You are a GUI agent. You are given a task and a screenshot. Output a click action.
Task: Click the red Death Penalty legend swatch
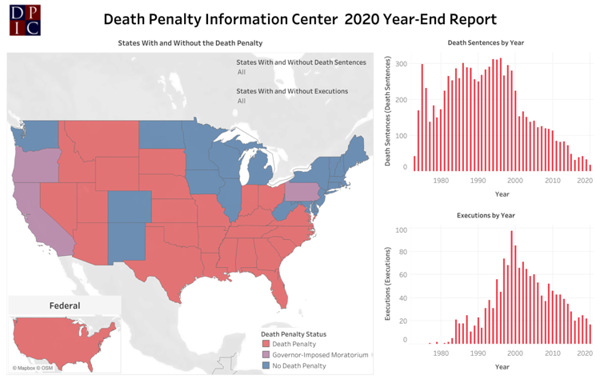[265, 344]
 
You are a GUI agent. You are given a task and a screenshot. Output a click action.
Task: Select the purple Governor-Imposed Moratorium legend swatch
[265, 354]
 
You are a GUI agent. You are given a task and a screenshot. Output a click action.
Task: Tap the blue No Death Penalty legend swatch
[265, 365]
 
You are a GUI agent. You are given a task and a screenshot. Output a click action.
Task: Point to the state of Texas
[164, 264]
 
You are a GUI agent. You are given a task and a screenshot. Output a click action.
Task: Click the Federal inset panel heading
[65, 305]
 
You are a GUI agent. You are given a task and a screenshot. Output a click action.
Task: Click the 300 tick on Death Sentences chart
[401, 64]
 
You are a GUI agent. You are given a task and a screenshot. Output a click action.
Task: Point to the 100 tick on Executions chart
[401, 230]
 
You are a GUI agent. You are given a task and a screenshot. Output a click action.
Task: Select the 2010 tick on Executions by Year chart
[552, 353]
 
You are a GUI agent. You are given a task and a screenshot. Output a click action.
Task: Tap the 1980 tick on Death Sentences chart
[441, 181]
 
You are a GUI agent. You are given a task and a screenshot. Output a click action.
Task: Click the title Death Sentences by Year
[490, 42]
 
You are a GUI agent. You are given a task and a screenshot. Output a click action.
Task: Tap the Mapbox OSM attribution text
[33, 369]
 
